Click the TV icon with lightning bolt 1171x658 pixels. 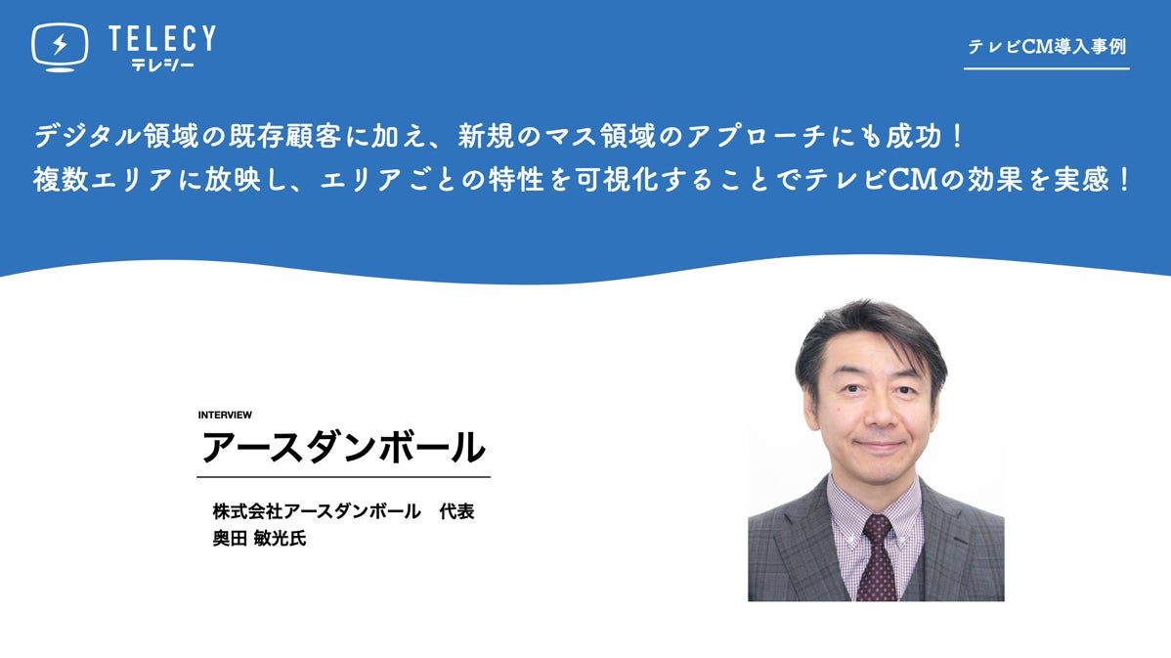tap(59, 47)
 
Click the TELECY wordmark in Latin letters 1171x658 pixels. tap(162, 38)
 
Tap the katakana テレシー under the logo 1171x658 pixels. tap(162, 65)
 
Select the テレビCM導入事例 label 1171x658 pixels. tap(1046, 46)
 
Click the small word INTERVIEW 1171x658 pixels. tap(225, 415)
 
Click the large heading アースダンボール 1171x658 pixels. tap(343, 447)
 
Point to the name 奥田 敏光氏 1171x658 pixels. tap(259, 538)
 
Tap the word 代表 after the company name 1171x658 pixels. tap(457, 511)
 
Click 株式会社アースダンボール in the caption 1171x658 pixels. tap(317, 511)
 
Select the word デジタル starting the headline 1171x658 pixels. tap(87, 136)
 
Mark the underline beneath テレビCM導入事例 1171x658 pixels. tap(1046, 68)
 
